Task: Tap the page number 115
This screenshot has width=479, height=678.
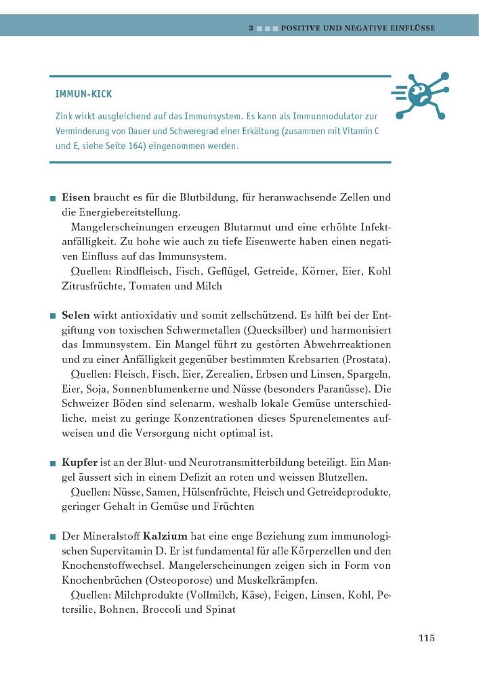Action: click(426, 638)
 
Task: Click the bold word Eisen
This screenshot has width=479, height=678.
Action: click(75, 198)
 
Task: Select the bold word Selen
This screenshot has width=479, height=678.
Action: click(75, 315)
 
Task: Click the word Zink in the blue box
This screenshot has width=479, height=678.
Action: click(65, 117)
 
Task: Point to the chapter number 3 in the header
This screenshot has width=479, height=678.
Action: click(251, 28)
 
